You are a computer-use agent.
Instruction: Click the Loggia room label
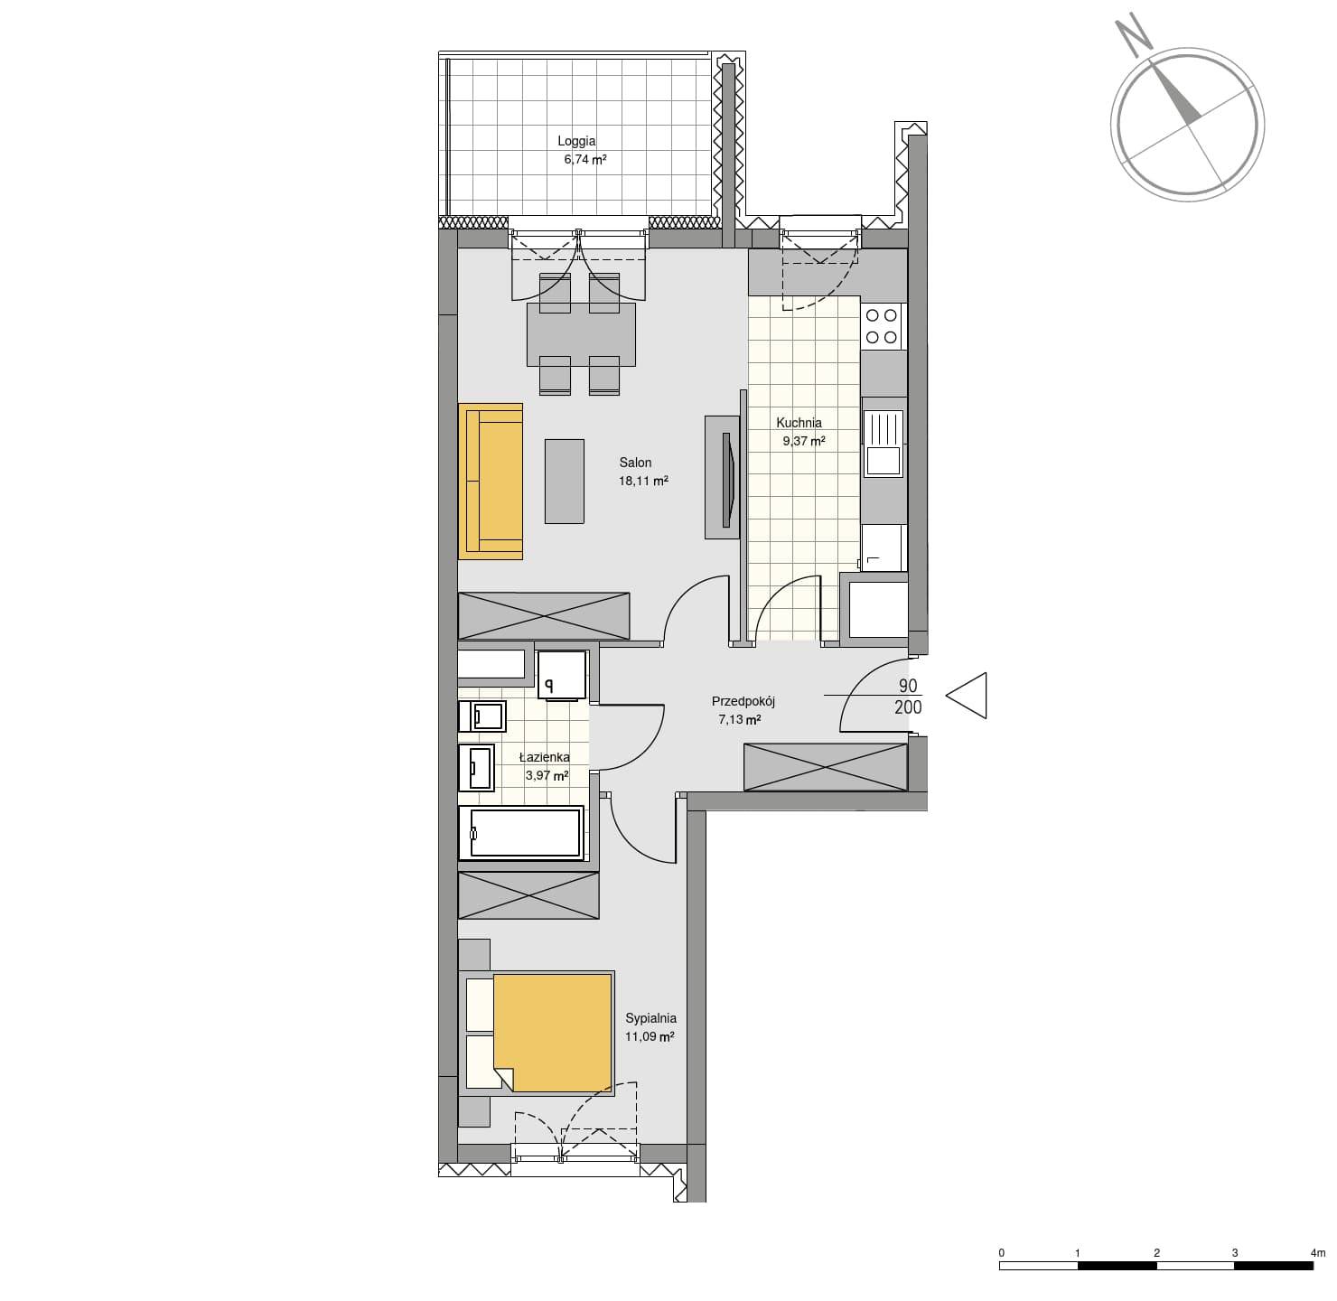[x=575, y=142]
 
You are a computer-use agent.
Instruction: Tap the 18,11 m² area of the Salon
[x=642, y=481]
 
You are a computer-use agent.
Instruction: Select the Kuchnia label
[x=799, y=423]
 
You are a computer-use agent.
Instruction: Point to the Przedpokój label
[x=743, y=702]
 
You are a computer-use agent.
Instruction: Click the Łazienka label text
[x=544, y=757]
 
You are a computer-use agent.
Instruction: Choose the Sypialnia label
[x=650, y=1018]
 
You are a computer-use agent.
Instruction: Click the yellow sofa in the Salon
[x=491, y=481]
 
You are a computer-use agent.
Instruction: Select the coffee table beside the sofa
[x=564, y=481]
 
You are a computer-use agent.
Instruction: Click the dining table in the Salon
[x=581, y=334]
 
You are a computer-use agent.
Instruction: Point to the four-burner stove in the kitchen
[x=882, y=326]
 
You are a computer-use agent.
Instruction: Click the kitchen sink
[x=883, y=444]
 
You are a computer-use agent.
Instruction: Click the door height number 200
[x=908, y=707]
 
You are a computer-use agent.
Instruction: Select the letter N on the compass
[x=1133, y=38]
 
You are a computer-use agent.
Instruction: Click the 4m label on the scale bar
[x=1317, y=1253]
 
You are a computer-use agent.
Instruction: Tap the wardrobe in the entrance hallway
[x=825, y=766]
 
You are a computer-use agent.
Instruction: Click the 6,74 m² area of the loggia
[x=584, y=159]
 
